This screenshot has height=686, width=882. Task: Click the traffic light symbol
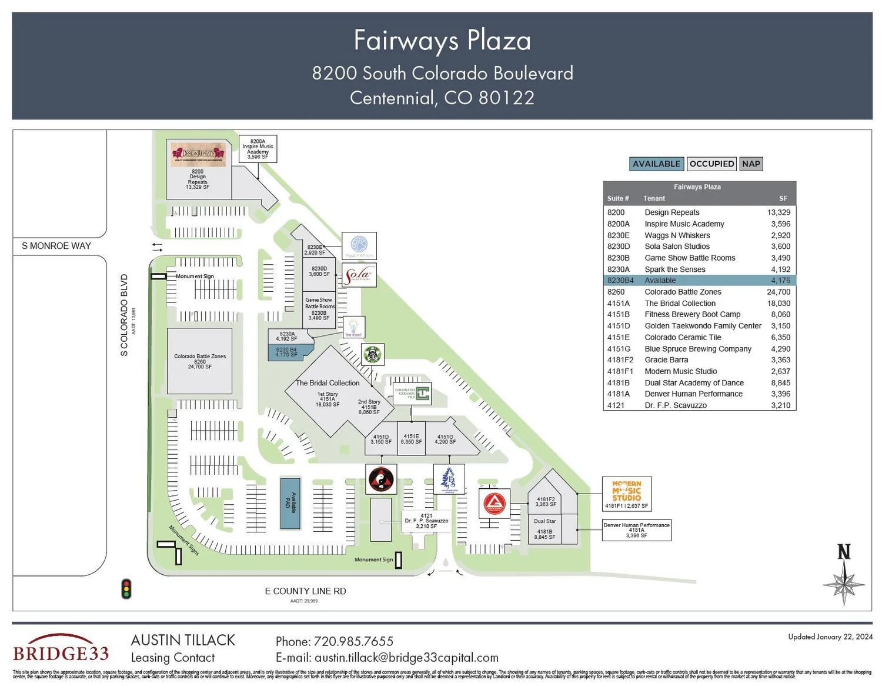click(126, 589)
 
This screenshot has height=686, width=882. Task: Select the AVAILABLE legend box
click(656, 164)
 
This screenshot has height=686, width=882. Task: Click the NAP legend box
click(751, 164)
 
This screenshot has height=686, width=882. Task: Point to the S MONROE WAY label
click(56, 246)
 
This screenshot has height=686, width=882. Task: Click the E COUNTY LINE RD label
click(305, 591)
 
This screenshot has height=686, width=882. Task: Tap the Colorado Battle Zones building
click(199, 361)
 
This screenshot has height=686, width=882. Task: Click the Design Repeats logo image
click(198, 154)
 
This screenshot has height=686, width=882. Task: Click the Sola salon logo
click(359, 275)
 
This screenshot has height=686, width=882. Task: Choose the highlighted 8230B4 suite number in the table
click(620, 281)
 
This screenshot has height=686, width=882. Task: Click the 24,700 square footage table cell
click(779, 292)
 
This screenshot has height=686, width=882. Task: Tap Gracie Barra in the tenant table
click(666, 360)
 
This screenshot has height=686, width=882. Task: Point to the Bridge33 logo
click(61, 649)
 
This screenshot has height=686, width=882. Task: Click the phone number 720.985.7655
click(334, 641)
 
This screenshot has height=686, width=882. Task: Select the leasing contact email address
click(387, 658)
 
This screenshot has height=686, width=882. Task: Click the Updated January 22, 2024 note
click(830, 637)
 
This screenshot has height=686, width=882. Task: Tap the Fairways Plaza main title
click(442, 41)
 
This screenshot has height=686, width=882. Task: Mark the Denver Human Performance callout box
click(637, 530)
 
